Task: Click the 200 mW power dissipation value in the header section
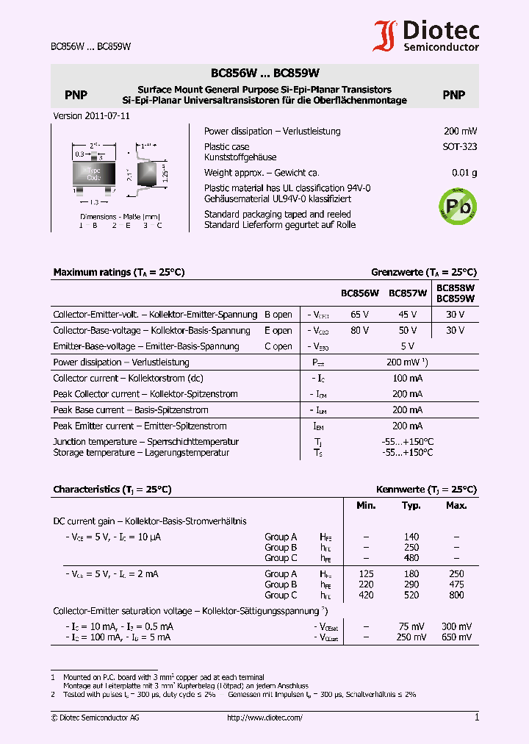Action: coord(460,132)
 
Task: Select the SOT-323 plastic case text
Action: coord(459,146)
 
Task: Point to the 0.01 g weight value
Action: coord(464,173)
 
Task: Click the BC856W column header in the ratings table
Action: coord(359,293)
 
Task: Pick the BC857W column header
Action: coord(408,293)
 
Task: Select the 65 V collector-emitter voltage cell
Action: coord(360,315)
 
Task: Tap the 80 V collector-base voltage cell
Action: coord(360,331)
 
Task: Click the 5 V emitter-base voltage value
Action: coord(408,346)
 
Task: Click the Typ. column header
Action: coord(411,506)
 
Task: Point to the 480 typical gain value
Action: coord(411,558)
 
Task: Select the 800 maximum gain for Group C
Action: coord(456,595)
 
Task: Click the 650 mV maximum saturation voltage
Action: coord(456,637)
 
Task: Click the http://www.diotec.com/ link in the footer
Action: coord(264,718)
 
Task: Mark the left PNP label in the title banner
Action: coord(76,95)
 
